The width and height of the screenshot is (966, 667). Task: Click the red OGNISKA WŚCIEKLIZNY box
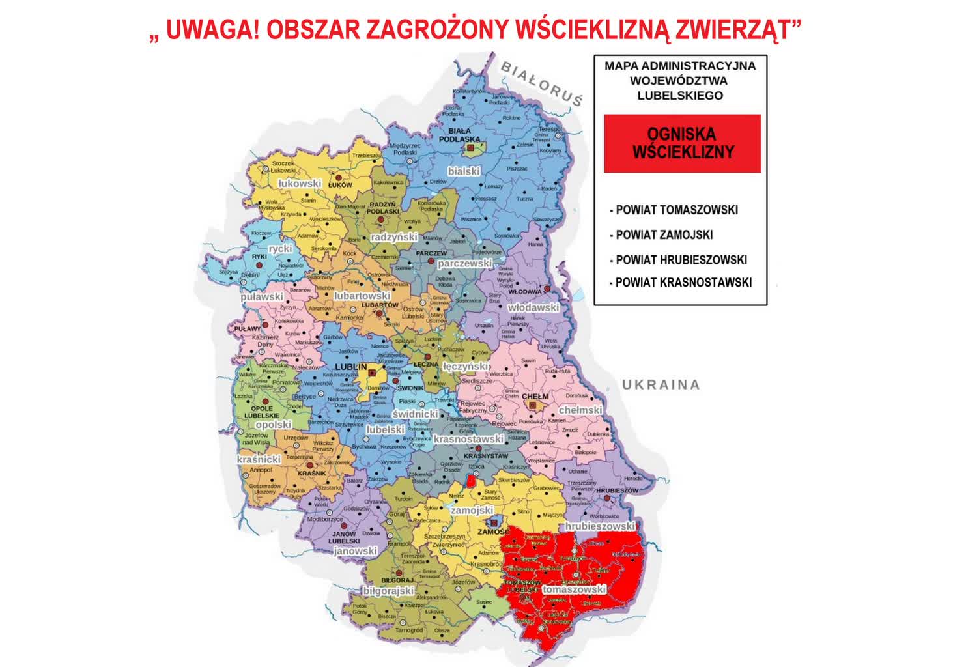pos(682,143)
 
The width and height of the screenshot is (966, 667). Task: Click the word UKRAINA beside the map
pos(661,384)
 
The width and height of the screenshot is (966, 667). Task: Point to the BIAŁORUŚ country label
pos(541,83)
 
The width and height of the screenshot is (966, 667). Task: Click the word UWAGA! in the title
pos(212,30)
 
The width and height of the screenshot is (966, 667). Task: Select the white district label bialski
pos(464,171)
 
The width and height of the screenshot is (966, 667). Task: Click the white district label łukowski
pos(300,184)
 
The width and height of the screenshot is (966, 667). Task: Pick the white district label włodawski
pos(533,307)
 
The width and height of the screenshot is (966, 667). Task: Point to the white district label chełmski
pos(580,410)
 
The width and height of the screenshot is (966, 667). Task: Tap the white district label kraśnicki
pos(259,459)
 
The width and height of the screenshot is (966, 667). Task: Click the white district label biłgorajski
pos(388,591)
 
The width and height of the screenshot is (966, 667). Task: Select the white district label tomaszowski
pos(574,589)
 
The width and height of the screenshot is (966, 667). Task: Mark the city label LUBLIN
pos(351,367)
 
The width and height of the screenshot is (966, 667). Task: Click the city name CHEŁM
pos(535,396)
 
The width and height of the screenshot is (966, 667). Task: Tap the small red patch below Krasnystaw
pos(471,481)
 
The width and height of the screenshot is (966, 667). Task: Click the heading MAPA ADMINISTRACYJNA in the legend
pos(679,66)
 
